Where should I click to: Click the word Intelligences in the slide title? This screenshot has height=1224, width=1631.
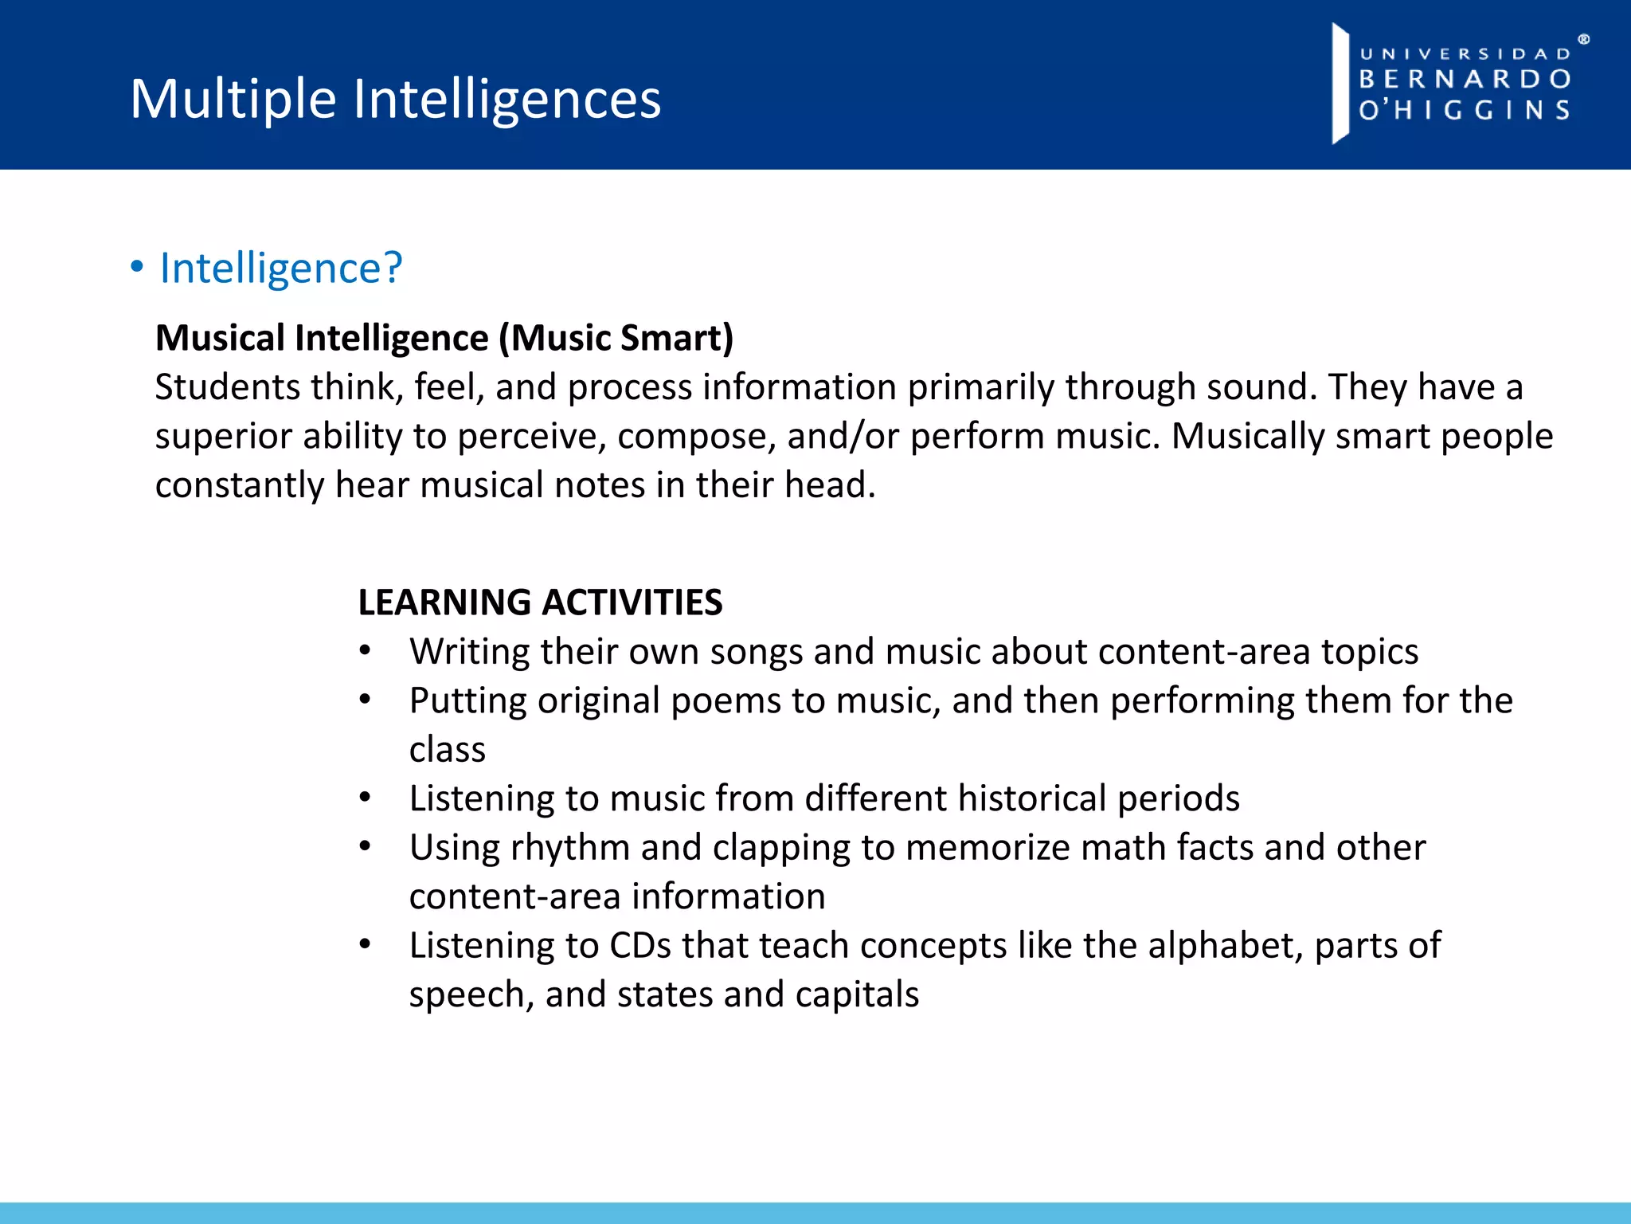pyautogui.click(x=507, y=100)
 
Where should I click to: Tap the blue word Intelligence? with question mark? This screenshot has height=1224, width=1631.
pyautogui.click(x=281, y=269)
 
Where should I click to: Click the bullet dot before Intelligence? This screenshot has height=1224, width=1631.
pyautogui.click(x=137, y=268)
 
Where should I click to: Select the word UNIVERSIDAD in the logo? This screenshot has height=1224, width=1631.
pyautogui.click(x=1465, y=54)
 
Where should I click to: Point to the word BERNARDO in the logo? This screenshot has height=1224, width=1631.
pyautogui.click(x=1465, y=79)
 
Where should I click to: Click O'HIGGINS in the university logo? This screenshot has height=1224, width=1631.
pyautogui.click(x=1465, y=110)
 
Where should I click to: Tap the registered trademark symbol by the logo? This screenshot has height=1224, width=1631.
pyautogui.click(x=1583, y=39)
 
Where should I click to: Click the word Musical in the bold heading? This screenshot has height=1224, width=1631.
pyautogui.click(x=220, y=338)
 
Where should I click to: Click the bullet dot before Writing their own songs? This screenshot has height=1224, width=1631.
pyautogui.click(x=365, y=651)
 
